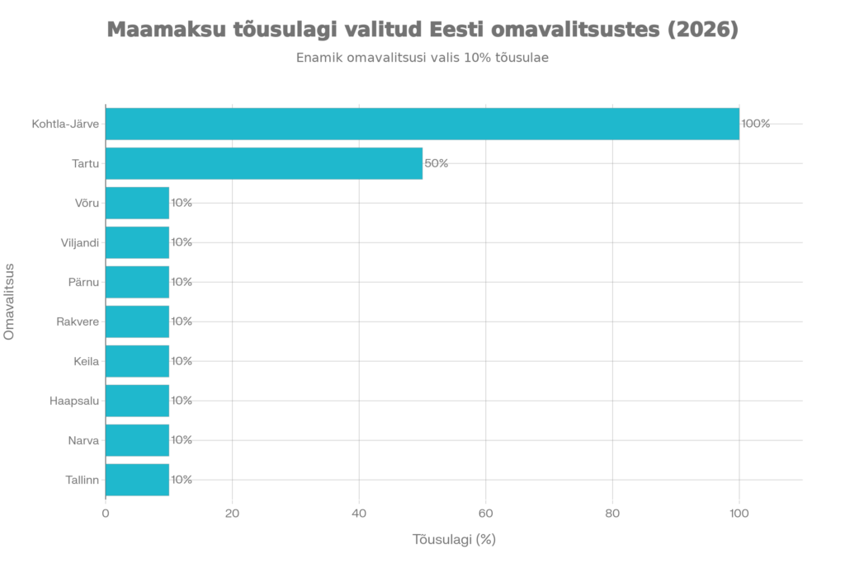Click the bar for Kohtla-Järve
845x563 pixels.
422,124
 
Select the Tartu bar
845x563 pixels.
264,163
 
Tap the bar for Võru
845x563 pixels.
138,203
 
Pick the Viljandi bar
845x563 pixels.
138,242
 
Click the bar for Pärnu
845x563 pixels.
138,282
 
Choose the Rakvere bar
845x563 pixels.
138,321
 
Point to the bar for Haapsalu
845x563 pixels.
138,401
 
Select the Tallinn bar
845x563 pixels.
138,480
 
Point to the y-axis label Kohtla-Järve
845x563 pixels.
66,124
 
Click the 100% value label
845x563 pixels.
756,124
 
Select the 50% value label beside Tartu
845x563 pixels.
437,163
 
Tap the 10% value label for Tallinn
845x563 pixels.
182,480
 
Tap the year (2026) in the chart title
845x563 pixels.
702,30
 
